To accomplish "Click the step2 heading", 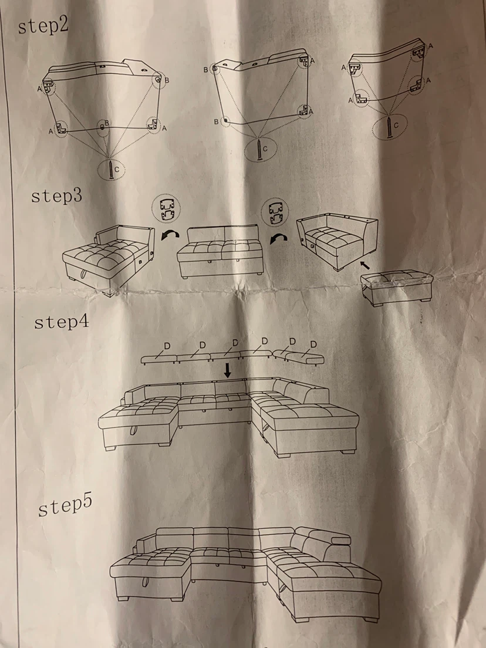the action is pos(43,26).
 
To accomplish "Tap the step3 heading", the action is pos(56,196).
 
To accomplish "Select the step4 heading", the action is pos(62,322).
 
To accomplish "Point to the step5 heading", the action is pos(65,505).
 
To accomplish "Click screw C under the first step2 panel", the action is pos(111,170).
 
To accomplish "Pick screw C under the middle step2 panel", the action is pos(259,150).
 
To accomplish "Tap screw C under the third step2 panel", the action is pos(389,127).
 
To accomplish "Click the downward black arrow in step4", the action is pos(227,369).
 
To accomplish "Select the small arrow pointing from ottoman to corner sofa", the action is pos(365,265).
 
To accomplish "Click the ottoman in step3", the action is pos(397,288).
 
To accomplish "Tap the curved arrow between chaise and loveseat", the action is pos(170,235).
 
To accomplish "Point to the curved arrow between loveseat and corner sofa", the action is pos(279,238).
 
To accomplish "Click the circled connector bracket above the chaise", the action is pos(166,209).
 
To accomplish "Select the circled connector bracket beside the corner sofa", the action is pos(275,212).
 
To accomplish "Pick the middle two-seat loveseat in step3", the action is pos(220,251).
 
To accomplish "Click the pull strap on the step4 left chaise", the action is pos(134,429).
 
